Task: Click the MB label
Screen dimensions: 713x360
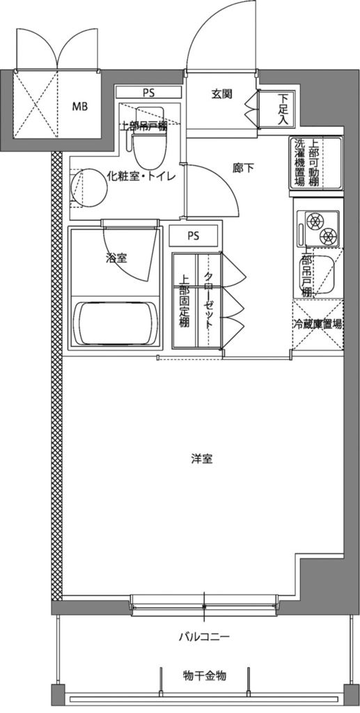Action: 81,107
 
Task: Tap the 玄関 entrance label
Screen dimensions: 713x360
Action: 221,95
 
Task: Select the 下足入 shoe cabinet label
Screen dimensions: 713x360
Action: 283,109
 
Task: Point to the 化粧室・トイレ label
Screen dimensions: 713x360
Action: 141,176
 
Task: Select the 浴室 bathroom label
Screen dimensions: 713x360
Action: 116,258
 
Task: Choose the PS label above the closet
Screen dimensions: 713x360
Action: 193,235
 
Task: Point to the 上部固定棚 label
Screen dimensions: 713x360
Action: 185,299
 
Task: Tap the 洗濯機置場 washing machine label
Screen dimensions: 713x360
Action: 300,163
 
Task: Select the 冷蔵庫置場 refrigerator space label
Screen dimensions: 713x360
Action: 317,324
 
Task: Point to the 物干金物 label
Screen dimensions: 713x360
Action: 205,676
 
